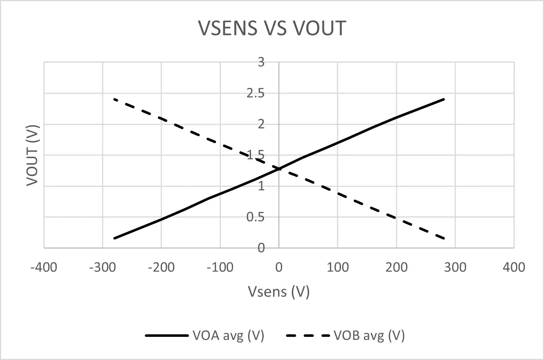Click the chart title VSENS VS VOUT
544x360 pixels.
tap(272, 28)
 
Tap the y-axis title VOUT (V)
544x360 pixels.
tap(33, 155)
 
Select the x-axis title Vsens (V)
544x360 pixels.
tap(278, 291)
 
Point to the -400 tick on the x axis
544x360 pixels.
tap(44, 267)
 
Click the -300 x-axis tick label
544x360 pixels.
tap(102, 267)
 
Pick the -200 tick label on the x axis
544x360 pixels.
tap(161, 267)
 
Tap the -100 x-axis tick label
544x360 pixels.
tap(220, 267)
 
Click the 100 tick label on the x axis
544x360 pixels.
tap(337, 267)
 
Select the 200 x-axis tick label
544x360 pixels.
tap(396, 267)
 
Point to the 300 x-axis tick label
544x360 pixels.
tap(455, 267)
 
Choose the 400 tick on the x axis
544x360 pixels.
tap(514, 267)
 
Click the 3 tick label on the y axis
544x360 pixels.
tap(261, 62)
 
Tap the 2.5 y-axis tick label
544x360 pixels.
tap(256, 93)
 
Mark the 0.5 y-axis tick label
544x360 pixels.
tap(256, 217)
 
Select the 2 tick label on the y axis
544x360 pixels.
tap(261, 124)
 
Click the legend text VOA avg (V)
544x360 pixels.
tap(228, 335)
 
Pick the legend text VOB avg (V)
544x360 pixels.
tap(369, 335)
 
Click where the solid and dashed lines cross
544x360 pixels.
tap(279, 169)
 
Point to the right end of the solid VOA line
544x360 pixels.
tap(443, 99)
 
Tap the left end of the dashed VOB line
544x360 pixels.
tap(114, 99)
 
